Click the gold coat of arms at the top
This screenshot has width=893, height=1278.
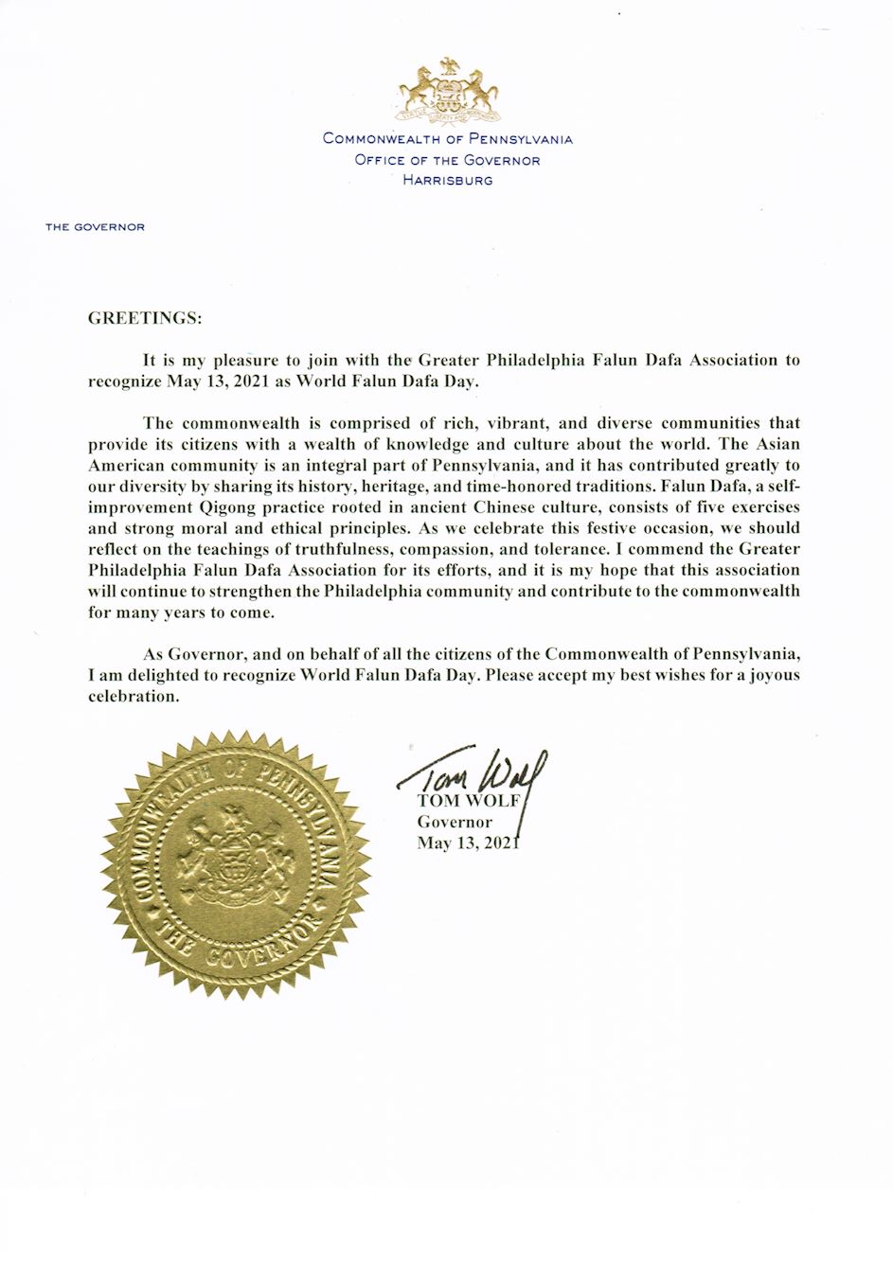[x=448, y=91]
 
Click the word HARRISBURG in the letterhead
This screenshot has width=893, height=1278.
[x=447, y=180]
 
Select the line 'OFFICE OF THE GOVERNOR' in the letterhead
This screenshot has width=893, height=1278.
[x=447, y=159]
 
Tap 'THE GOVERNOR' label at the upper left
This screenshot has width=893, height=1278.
[x=95, y=227]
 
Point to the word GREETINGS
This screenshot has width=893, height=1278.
[x=145, y=318]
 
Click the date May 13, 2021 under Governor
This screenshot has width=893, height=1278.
[x=469, y=843]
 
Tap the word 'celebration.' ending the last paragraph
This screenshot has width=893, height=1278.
[x=133, y=696]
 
